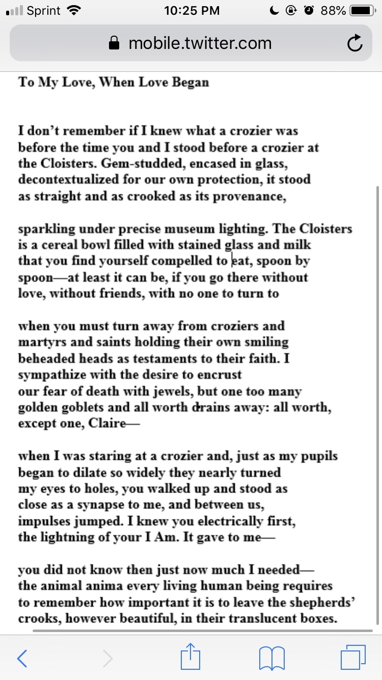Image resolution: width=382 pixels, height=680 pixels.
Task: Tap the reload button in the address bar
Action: pos(355,44)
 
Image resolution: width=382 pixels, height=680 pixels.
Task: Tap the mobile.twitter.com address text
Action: pos(200,43)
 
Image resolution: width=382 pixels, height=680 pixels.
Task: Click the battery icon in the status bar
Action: pos(362,11)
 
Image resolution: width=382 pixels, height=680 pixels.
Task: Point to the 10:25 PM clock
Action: pos(192,11)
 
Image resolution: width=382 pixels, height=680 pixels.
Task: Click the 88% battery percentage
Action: pos(334,11)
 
